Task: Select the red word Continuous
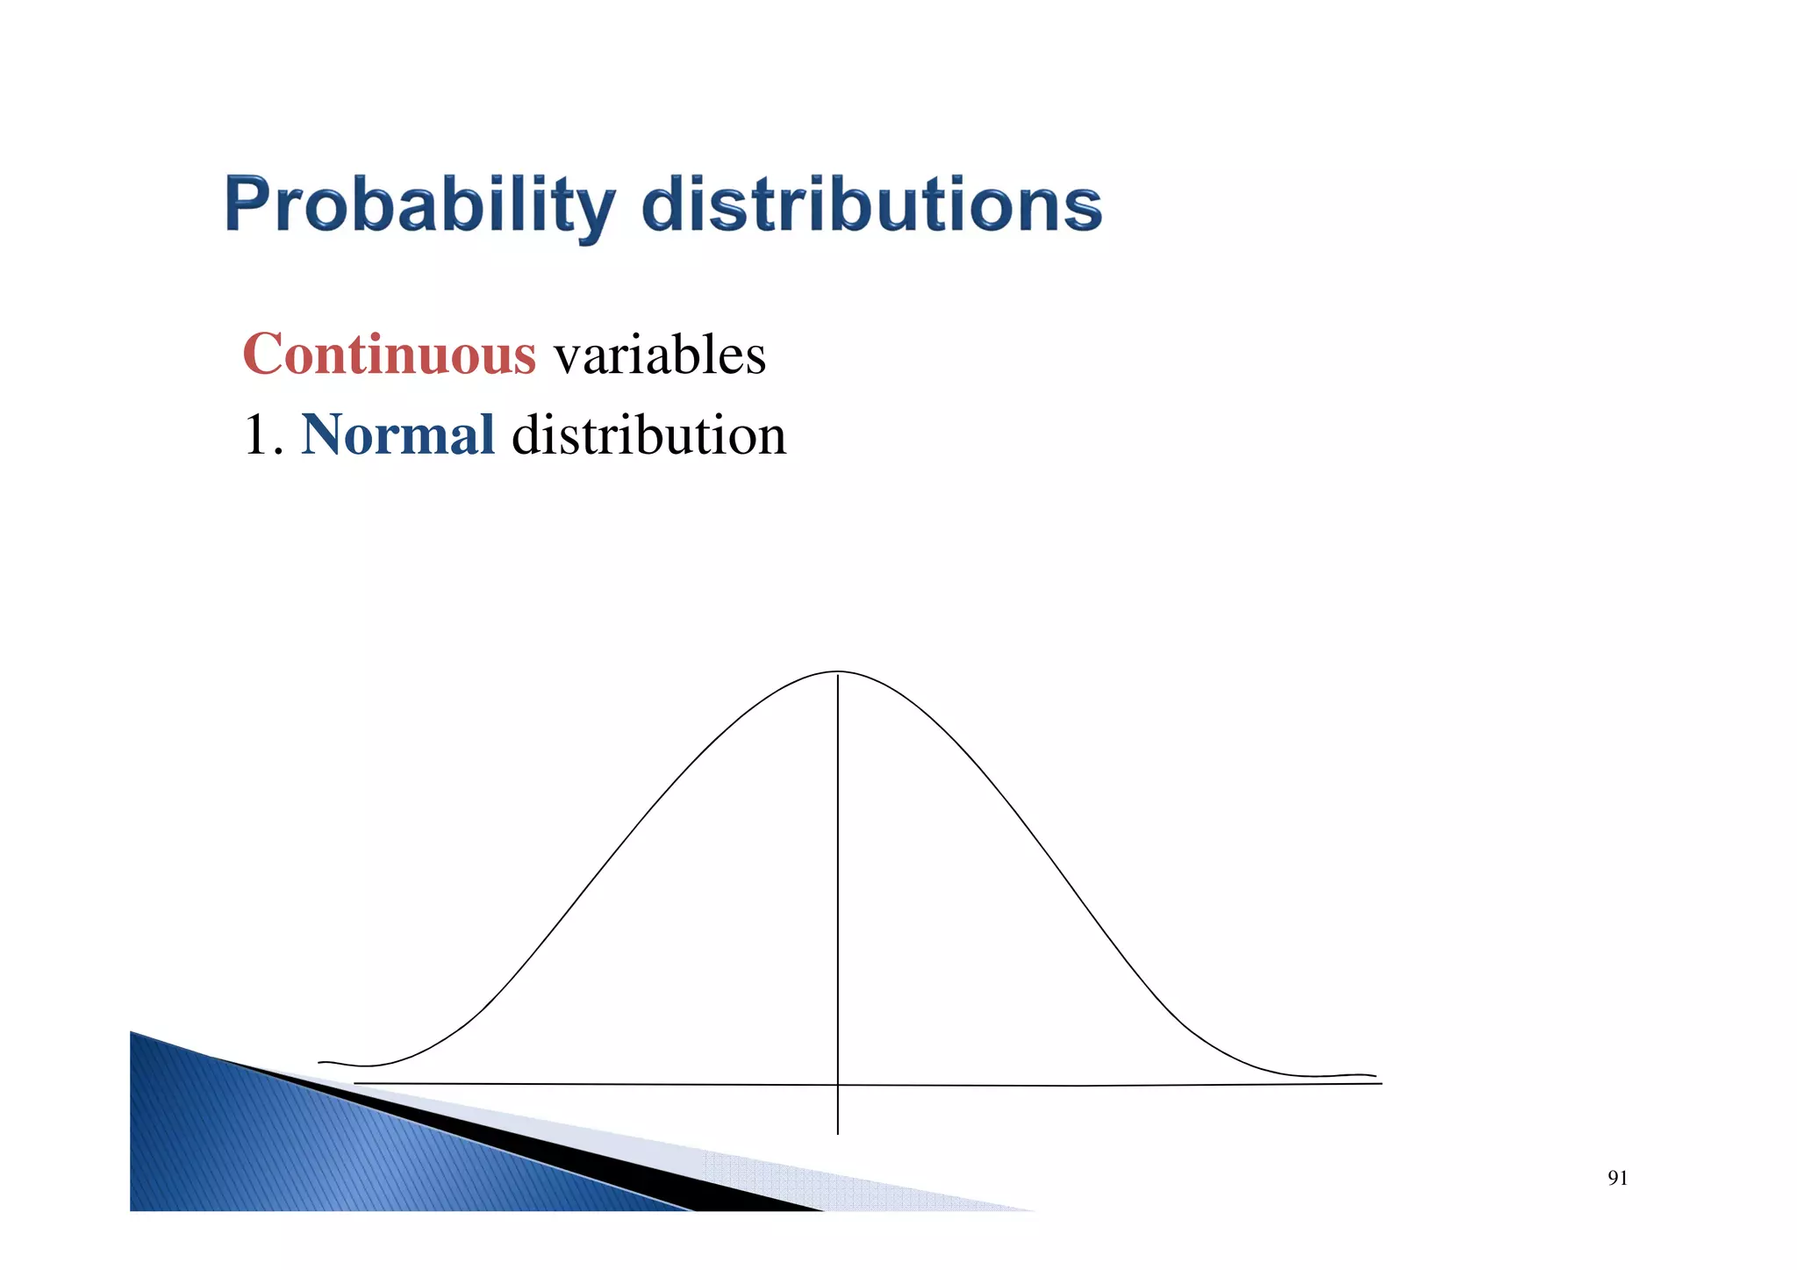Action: [x=389, y=355]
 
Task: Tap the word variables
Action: [x=660, y=355]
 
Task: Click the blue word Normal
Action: [x=397, y=434]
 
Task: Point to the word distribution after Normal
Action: [x=648, y=434]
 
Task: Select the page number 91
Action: [x=1617, y=1179]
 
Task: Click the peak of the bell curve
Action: [x=838, y=672]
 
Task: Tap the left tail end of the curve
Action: [x=321, y=1063]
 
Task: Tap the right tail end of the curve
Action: [x=1373, y=1076]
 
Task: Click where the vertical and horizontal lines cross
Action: [x=838, y=1086]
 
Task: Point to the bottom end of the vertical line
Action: [x=838, y=1133]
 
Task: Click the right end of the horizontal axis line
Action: [x=1379, y=1084]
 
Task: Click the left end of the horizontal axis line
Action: [x=356, y=1083]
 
